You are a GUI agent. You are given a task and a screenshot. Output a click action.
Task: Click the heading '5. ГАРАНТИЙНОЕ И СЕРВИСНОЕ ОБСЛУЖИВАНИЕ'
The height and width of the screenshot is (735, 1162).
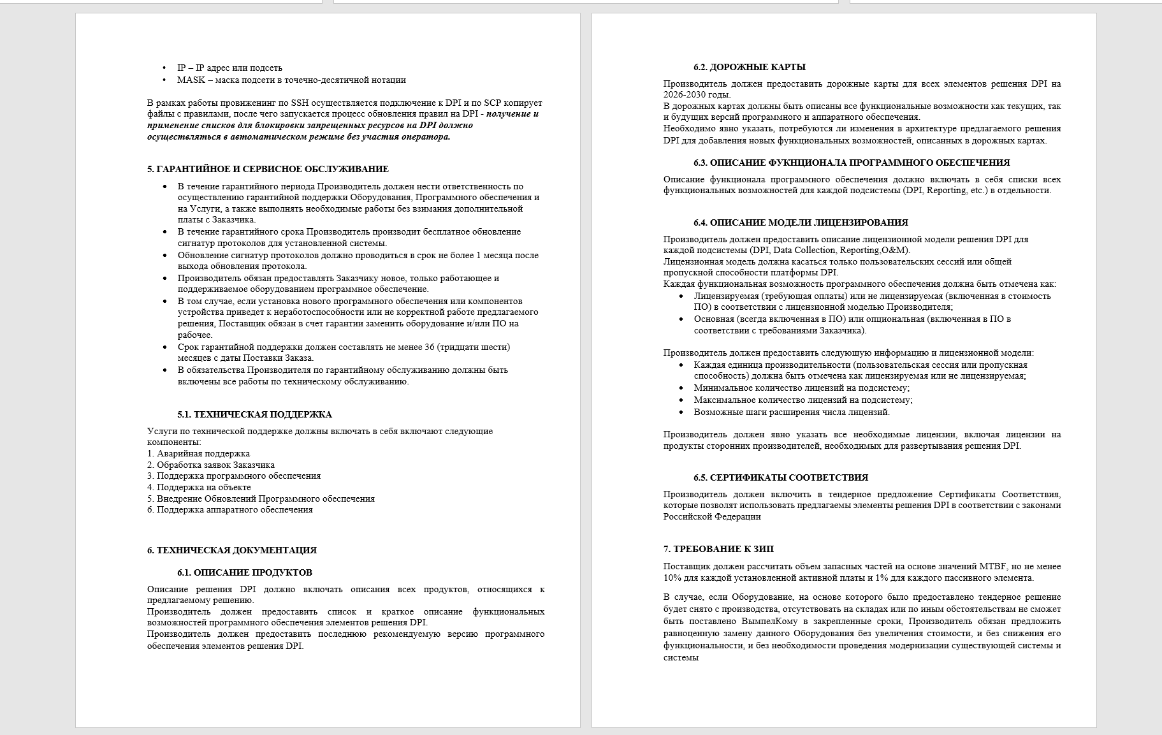click(x=268, y=169)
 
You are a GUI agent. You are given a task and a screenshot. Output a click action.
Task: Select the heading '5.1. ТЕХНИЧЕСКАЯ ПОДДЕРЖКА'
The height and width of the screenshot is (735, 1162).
click(x=254, y=414)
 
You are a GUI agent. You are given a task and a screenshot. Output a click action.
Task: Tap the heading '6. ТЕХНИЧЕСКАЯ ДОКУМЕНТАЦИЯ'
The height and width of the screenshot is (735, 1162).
click(x=231, y=550)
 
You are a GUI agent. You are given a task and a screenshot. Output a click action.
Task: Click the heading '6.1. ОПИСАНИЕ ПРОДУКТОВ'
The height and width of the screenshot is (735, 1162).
click(x=245, y=572)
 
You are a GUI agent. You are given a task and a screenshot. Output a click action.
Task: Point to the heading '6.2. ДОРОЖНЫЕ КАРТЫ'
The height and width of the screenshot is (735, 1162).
click(x=750, y=67)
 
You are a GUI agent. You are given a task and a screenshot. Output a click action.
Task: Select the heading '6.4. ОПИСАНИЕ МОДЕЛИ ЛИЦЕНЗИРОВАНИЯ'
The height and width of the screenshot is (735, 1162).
click(x=801, y=222)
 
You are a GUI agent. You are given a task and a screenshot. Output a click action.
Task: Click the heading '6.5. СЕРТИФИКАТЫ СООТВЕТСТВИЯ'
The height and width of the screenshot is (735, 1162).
click(x=781, y=477)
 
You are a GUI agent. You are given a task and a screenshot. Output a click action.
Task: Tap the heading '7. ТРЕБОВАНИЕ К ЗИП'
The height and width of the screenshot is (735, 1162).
click(x=718, y=549)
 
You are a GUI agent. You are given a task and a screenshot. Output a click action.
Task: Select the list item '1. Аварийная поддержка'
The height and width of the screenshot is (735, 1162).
click(x=198, y=454)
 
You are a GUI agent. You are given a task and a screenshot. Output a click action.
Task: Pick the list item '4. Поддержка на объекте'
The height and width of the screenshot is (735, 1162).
click(x=199, y=488)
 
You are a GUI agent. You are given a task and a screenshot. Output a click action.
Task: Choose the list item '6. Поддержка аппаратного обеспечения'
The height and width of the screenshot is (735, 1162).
click(x=229, y=510)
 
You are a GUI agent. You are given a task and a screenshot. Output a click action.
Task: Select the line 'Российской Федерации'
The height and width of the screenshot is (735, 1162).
click(x=712, y=517)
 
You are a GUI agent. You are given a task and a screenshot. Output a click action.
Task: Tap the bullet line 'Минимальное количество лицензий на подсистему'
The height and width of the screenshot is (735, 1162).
click(x=801, y=388)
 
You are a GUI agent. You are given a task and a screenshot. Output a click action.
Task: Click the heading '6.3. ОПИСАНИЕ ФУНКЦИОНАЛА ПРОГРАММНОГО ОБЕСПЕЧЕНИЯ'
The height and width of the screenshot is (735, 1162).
click(x=852, y=163)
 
